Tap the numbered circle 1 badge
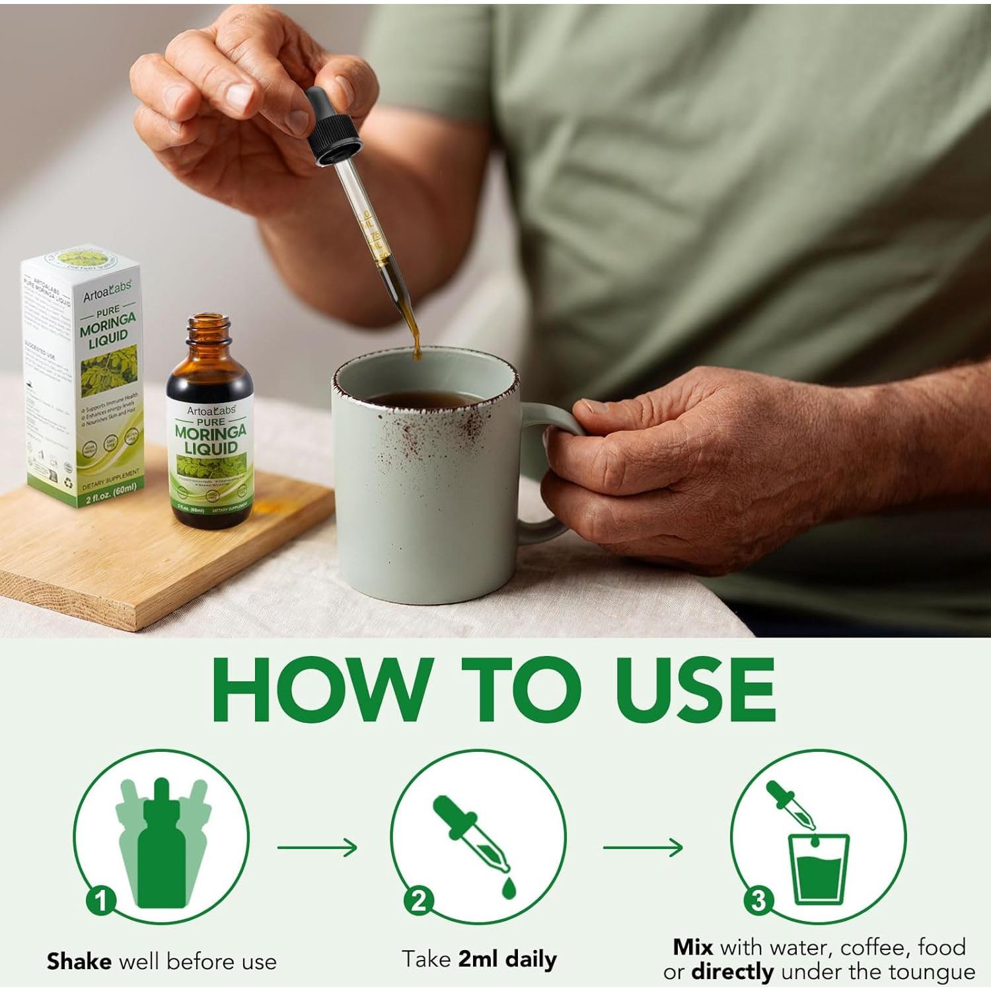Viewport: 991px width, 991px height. (101, 900)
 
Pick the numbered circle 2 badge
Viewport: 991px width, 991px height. (419, 900)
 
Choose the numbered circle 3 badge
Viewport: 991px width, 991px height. (758, 900)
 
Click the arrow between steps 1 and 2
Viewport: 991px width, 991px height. (317, 847)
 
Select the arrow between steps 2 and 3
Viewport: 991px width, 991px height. (643, 847)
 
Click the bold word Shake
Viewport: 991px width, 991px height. (79, 961)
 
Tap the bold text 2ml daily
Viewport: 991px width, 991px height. (507, 959)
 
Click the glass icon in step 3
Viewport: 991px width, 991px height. (819, 869)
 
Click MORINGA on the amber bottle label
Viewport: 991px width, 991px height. (210, 432)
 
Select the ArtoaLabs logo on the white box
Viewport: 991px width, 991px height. (107, 291)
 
